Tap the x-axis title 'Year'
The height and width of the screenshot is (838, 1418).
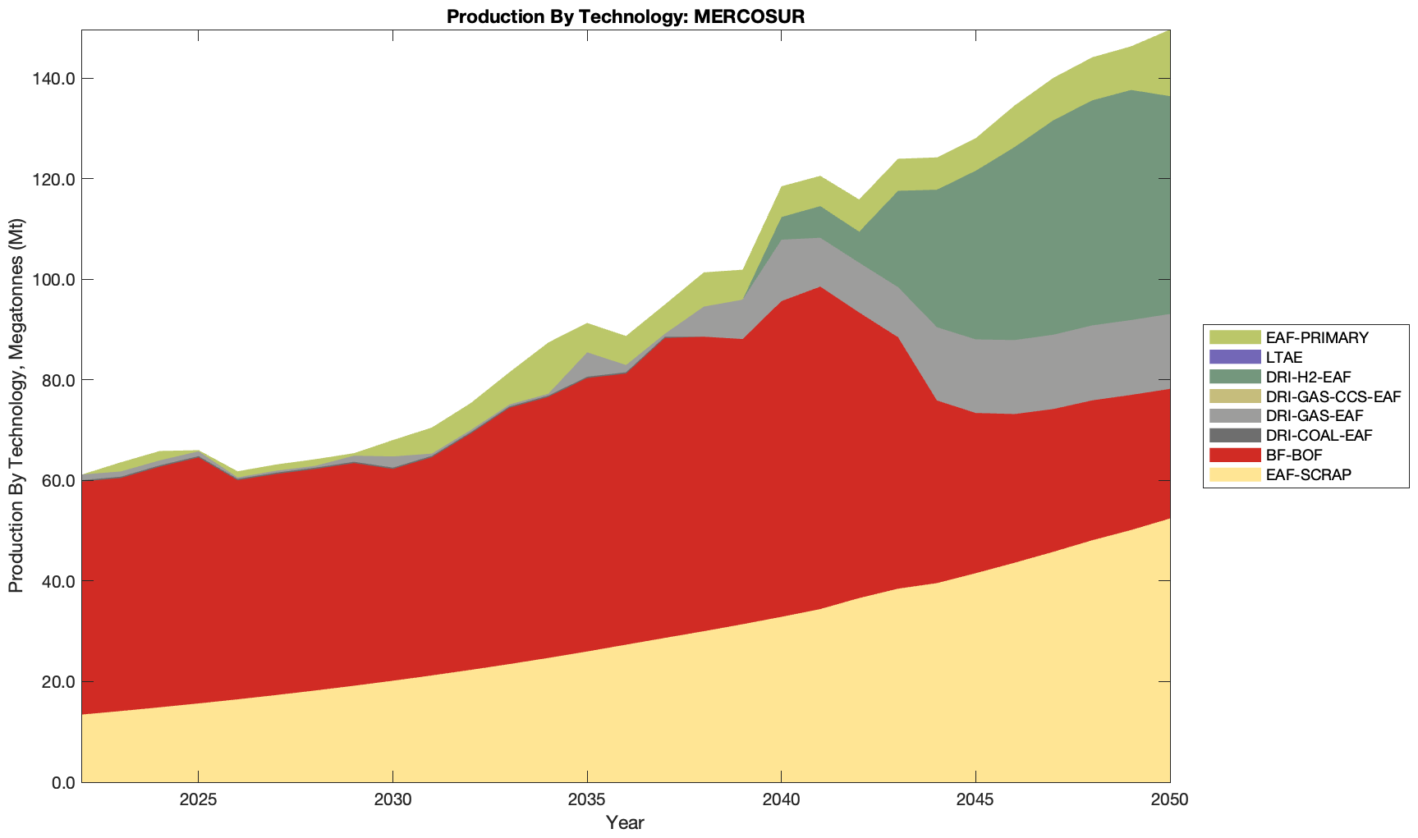pos(625,822)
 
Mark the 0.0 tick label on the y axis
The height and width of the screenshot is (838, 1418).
pos(61,782)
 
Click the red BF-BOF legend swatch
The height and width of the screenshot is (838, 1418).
pos(1234,456)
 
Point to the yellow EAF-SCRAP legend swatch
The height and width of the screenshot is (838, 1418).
pos(1234,475)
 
